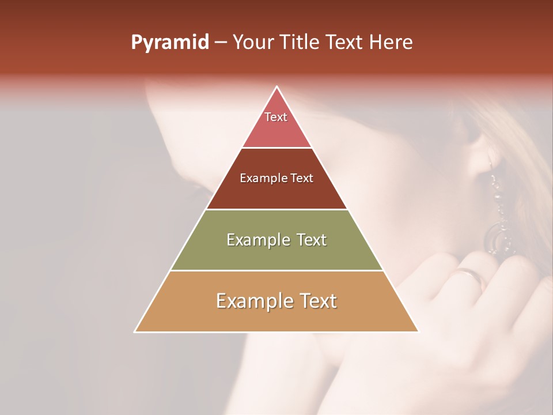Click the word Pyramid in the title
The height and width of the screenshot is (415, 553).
click(169, 42)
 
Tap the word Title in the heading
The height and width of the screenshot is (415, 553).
click(298, 42)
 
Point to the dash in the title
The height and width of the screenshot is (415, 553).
click(220, 43)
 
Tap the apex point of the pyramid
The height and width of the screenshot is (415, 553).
click(276, 87)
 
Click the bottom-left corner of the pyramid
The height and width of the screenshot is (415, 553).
click(135, 331)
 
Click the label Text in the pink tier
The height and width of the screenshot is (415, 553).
click(276, 117)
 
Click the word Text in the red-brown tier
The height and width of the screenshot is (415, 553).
click(301, 178)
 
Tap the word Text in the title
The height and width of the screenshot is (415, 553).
click(346, 42)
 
